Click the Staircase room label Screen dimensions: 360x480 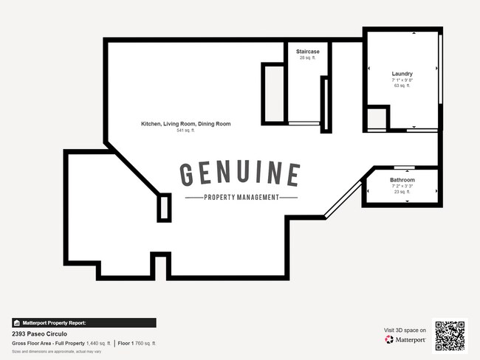tap(308, 52)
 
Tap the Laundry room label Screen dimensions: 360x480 tap(402, 74)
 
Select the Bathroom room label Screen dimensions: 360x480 tap(402, 180)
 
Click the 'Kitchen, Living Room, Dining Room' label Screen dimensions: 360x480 tap(185, 124)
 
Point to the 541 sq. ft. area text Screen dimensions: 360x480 tap(185, 131)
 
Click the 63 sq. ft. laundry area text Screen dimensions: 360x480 tap(402, 86)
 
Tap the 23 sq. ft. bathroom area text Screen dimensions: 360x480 tap(402, 192)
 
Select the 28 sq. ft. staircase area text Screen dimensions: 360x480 tap(308, 58)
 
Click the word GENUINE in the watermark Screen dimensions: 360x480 tap(240, 175)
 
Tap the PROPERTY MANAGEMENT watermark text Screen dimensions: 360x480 tap(241, 197)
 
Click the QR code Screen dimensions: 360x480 tap(450, 336)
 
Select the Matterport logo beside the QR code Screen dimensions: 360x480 tap(405, 340)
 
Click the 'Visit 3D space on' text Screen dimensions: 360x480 tap(405, 330)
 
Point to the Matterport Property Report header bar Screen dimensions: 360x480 tap(83, 322)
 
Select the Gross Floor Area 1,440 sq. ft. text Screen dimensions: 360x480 tap(61, 344)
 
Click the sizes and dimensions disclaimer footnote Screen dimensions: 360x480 tap(47, 351)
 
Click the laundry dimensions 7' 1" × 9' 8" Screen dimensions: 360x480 tap(402, 80)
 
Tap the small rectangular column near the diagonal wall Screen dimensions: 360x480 tap(164, 207)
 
